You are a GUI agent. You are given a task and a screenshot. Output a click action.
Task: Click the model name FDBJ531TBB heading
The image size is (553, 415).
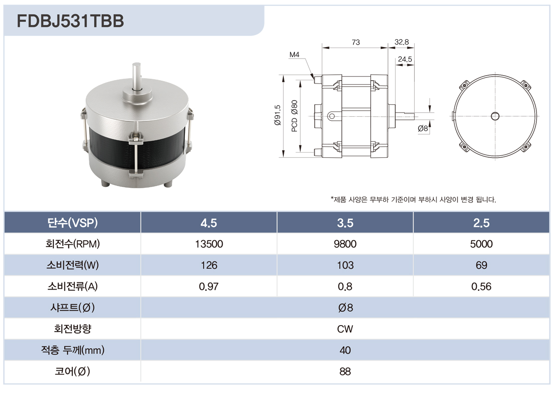pos(71,21)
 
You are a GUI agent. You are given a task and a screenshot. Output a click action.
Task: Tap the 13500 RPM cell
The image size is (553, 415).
pos(209,244)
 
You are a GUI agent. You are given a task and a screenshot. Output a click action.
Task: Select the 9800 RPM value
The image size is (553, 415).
pos(345,244)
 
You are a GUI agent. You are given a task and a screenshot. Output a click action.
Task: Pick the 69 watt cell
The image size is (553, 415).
pos(481,265)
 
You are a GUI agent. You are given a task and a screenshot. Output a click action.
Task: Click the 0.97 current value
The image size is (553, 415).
pos(209,286)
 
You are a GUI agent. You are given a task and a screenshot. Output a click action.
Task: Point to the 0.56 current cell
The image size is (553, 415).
pos(481,286)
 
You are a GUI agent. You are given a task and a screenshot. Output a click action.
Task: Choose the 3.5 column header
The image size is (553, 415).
pos(345,223)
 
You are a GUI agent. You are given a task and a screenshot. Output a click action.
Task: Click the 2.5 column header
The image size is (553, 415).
pos(481,223)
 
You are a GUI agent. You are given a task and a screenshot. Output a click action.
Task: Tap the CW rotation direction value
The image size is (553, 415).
pos(345,329)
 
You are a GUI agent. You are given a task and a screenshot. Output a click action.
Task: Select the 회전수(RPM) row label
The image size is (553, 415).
pos(72,244)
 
